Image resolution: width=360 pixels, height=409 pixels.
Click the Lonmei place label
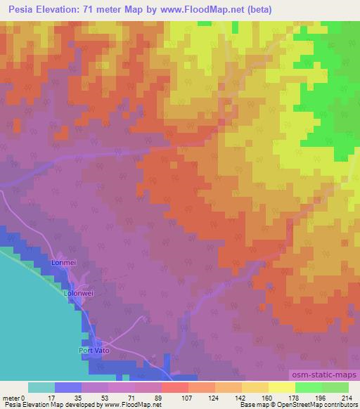[63, 263]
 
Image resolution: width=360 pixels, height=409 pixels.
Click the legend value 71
[136, 398]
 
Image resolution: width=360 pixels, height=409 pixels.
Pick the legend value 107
[188, 398]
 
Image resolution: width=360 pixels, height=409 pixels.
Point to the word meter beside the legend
[11, 398]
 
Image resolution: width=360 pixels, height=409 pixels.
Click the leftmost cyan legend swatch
[41, 387]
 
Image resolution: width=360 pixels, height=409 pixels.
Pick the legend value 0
[27, 398]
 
